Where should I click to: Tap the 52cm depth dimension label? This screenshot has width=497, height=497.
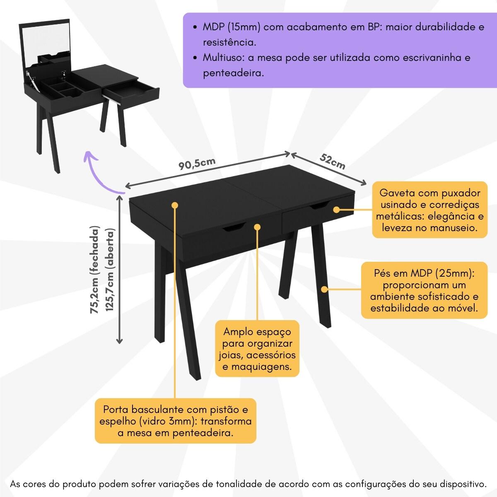[x=332, y=162]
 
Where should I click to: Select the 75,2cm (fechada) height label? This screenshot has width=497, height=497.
[x=94, y=270]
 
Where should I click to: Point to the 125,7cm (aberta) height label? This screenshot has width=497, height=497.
[x=109, y=270]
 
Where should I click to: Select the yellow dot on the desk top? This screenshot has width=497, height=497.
[x=175, y=205]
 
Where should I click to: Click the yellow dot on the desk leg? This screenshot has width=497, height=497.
[x=324, y=289]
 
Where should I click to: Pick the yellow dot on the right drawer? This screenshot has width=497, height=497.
[x=336, y=210]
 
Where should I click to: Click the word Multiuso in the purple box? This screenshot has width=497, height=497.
[x=223, y=58]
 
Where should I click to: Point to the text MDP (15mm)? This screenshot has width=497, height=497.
[x=232, y=27]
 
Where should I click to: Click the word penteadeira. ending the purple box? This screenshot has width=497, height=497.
[x=234, y=73]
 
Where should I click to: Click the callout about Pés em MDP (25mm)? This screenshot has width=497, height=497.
[x=424, y=290]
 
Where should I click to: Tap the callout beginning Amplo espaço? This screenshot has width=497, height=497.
[x=257, y=349]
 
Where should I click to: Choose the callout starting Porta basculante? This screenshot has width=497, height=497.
[x=175, y=421]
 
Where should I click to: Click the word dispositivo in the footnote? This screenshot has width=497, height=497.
[x=463, y=484]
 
